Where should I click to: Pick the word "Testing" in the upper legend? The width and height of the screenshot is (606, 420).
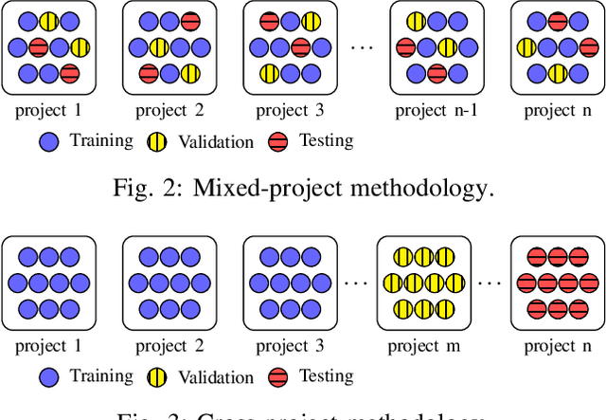[x=326, y=141]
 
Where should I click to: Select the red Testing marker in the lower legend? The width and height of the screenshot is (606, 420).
[x=279, y=377]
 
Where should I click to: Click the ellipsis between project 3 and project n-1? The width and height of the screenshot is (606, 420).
[x=361, y=47]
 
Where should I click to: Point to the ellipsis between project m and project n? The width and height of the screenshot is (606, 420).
[x=487, y=283]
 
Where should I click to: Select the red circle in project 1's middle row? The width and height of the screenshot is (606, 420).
[x=39, y=47]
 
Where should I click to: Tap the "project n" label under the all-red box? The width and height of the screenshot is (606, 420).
[x=549, y=346]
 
